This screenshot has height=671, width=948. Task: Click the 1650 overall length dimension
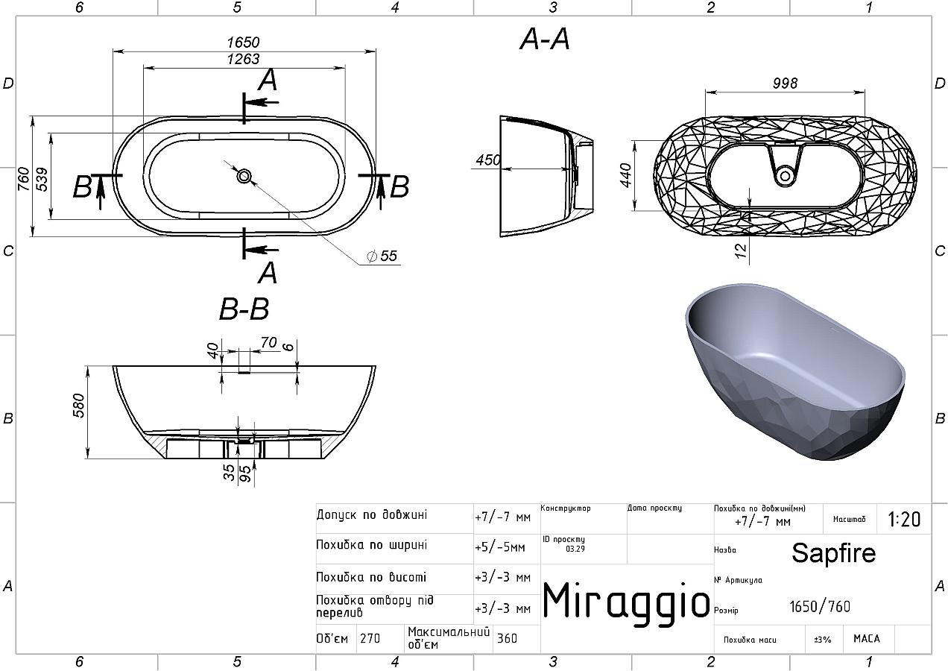[x=243, y=42]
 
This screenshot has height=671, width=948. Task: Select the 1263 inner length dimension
[x=243, y=59]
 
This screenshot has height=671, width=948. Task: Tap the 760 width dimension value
[x=24, y=179]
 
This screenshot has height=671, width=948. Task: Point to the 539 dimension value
[x=42, y=179]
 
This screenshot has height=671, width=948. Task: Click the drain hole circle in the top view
[x=244, y=176]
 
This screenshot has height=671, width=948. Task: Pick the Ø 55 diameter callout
[x=382, y=256]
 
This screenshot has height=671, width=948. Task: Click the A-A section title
[x=545, y=40]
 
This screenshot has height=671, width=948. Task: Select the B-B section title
[x=244, y=309]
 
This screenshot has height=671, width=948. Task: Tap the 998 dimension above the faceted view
[x=785, y=84]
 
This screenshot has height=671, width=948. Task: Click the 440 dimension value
[x=625, y=175]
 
